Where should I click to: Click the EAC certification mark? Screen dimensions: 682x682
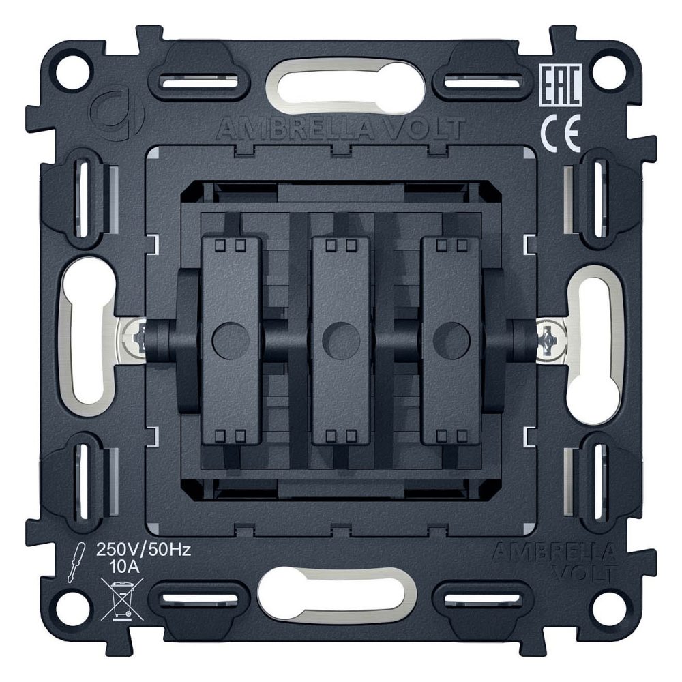pos(560,85)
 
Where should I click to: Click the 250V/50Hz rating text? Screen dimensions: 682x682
pos(143,550)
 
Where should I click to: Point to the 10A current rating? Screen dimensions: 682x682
pos(124,567)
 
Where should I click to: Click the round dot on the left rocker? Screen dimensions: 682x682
pos(231,340)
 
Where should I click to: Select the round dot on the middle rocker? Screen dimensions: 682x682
pos(342,340)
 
